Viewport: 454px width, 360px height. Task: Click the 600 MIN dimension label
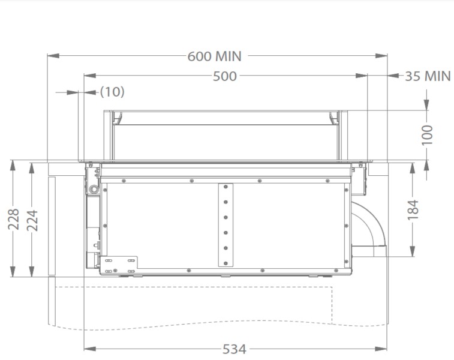[x=214, y=56]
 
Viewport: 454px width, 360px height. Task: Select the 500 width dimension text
[x=225, y=76]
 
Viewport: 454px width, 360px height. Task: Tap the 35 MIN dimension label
[x=428, y=76]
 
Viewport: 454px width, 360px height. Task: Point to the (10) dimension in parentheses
[x=112, y=92]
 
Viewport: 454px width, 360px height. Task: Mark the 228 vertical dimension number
[x=13, y=219]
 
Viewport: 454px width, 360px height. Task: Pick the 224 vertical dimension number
[x=31, y=219]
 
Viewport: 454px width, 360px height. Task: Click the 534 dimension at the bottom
[x=234, y=349]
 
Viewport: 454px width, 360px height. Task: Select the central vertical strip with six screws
[x=226, y=224]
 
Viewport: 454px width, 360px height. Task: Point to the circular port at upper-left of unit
[x=94, y=189]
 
